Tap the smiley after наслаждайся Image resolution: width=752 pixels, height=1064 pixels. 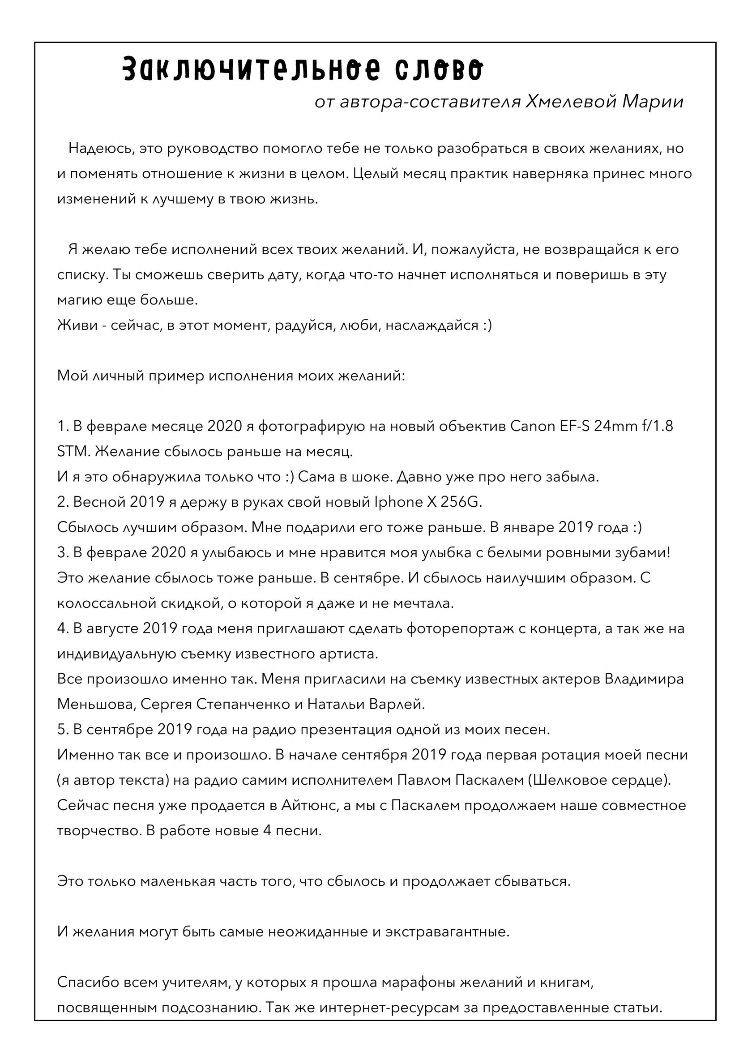point(487,325)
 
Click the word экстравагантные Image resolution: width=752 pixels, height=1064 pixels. point(447,932)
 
